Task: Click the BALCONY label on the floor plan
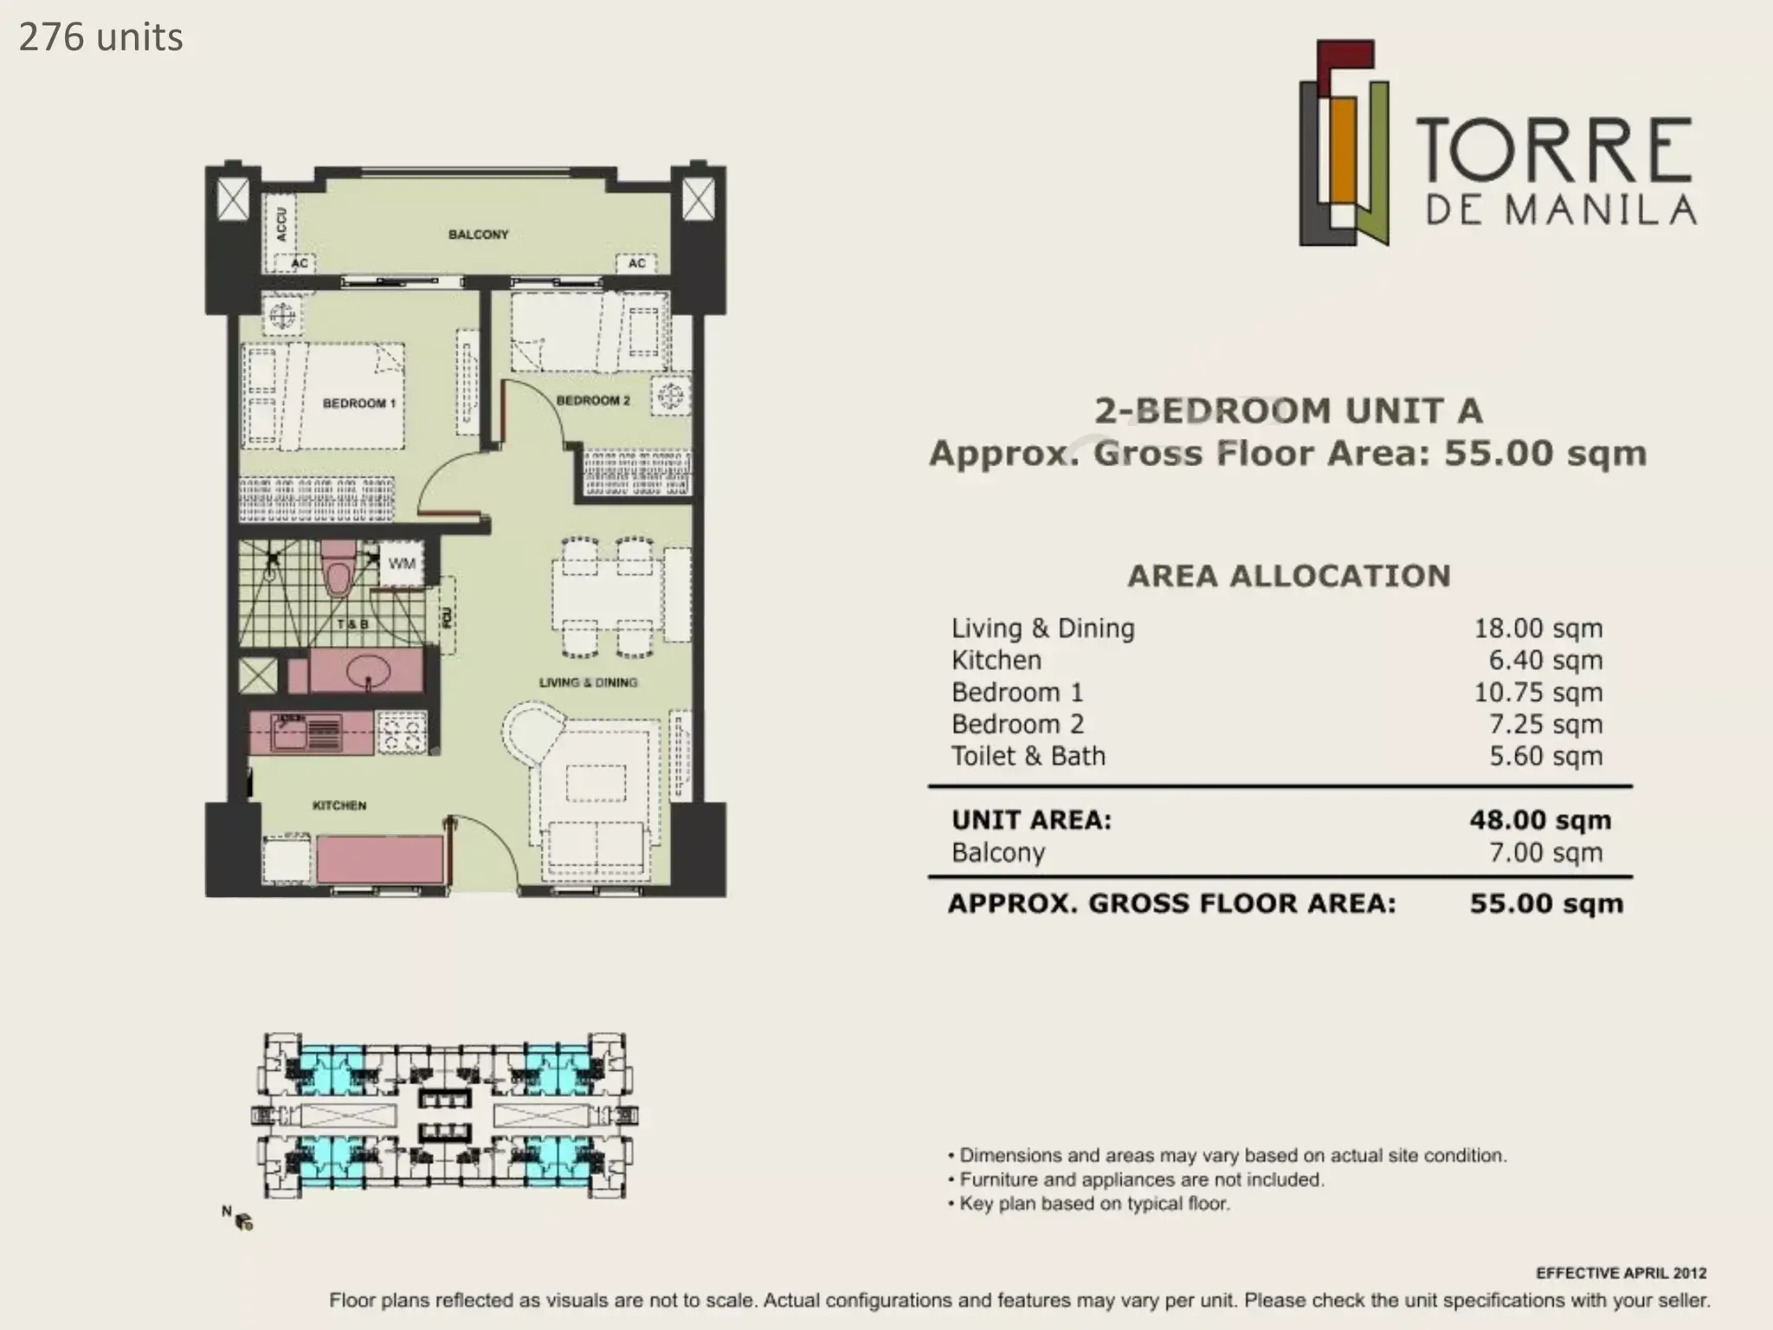tap(478, 235)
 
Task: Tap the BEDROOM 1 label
tap(358, 404)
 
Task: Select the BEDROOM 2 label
tap(593, 400)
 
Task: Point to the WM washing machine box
tap(402, 564)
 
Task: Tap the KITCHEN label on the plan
tap(339, 806)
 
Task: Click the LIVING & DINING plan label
tap(588, 682)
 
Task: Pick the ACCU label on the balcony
tap(281, 223)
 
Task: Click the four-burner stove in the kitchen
tap(402, 733)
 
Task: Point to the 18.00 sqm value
tap(1538, 628)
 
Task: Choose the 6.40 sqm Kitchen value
tap(1545, 660)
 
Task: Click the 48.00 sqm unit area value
tap(1540, 820)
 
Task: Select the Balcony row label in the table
tap(998, 853)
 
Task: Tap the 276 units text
tap(100, 37)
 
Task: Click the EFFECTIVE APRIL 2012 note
tap(1621, 1273)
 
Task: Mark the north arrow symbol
tap(239, 1218)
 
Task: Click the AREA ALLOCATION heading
tap(1289, 576)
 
